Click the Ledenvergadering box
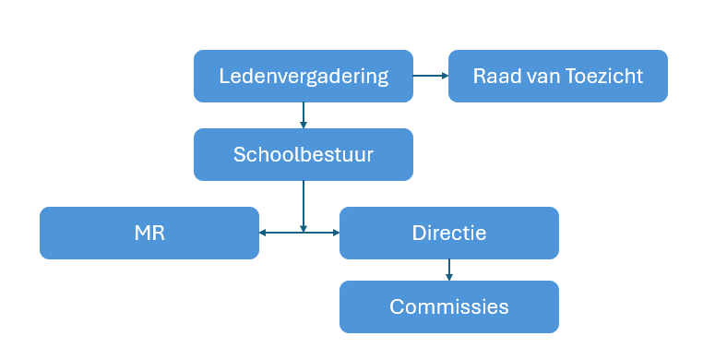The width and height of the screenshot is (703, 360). click(303, 76)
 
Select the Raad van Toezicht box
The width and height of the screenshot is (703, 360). click(557, 76)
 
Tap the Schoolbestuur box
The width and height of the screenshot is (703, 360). click(303, 154)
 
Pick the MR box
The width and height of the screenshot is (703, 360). click(149, 233)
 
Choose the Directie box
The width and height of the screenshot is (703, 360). click(448, 233)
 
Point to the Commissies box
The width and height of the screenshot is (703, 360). click(448, 306)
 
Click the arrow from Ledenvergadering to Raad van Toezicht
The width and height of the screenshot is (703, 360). click(429, 76)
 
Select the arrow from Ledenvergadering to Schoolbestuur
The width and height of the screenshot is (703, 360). click(303, 114)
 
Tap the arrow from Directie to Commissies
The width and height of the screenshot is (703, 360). click(449, 269)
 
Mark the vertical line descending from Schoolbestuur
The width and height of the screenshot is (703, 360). click(303, 203)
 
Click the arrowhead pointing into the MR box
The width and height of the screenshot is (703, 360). click(264, 233)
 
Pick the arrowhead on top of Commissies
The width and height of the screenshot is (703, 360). click(449, 276)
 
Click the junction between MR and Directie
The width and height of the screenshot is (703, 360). click(303, 233)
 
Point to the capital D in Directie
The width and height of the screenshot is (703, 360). click(418, 233)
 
